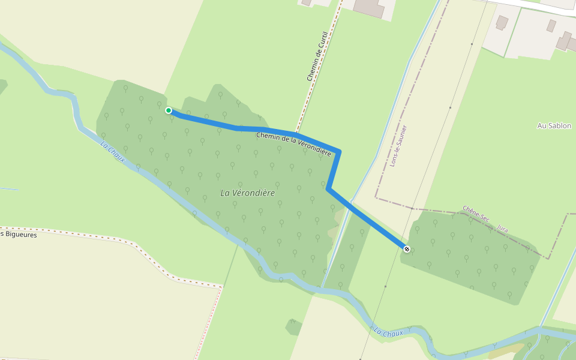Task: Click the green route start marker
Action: pos(169,110)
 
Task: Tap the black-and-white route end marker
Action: pos(407,248)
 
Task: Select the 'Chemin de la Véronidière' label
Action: pos(293,144)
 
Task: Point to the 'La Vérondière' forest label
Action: pos(247,193)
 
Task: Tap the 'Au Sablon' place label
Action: pos(554,126)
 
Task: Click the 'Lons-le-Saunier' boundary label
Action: pos(398,145)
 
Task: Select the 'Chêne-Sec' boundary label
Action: pos(476,216)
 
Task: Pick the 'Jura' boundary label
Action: pos(503,229)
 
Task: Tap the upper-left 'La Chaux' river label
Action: pos(112,152)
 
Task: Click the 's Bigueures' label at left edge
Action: pos(19,235)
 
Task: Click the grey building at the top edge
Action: pos(370,7)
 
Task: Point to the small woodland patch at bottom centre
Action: pos(293,327)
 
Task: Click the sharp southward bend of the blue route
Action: pos(339,152)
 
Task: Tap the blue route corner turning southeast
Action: pos(328,188)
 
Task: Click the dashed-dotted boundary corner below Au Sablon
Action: pos(548,257)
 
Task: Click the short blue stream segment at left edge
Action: pos(8,189)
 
